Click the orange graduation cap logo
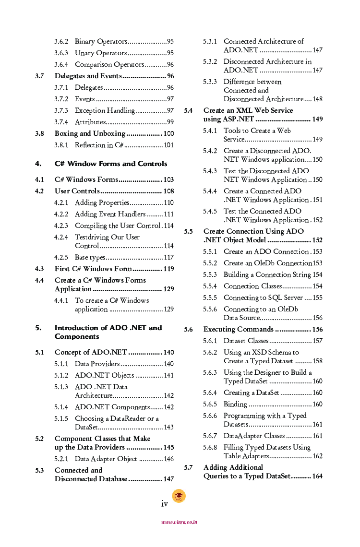[179, 496]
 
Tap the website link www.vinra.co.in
[179, 522]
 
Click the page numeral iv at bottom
[164, 503]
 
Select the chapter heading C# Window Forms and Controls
[111, 164]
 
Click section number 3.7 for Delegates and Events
[40, 76]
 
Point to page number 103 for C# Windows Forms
[168, 180]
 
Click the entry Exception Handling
[104, 111]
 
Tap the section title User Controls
[77, 191]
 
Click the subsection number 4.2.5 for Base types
[61, 257]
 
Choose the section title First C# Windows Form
[93, 269]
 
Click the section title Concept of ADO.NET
[91, 352]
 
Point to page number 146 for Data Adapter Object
[168, 459]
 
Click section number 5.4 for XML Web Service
[189, 110]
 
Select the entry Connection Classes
[252, 286]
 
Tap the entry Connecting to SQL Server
[263, 297]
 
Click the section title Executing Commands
[238, 329]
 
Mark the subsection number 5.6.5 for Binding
[210, 404]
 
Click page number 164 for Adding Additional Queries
[317, 476]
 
